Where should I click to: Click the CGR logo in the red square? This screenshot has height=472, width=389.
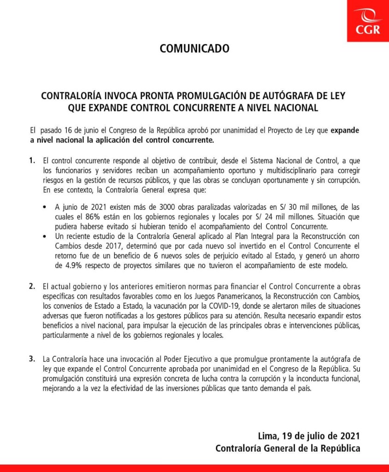pyautogui.click(x=368, y=21)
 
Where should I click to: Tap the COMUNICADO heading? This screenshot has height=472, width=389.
pyautogui.click(x=194, y=48)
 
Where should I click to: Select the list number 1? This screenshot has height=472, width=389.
pyautogui.click(x=32, y=161)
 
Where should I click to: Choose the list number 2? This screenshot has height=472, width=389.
pyautogui.click(x=32, y=286)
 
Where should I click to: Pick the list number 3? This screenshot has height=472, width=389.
pyautogui.click(x=32, y=358)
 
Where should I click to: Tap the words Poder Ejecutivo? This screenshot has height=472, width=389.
pyautogui.click(x=171, y=359)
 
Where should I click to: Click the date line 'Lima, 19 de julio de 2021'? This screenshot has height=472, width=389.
pyautogui.click(x=309, y=436)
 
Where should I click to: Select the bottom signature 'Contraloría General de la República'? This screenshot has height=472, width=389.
pyautogui.click(x=287, y=448)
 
